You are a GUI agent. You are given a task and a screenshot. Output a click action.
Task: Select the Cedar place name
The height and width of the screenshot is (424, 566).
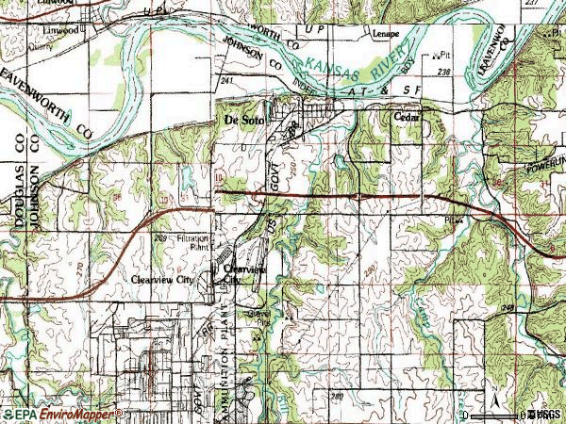tap(405, 117)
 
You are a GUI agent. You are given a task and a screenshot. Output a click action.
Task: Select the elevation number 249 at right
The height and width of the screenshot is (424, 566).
tap(535, 307)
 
